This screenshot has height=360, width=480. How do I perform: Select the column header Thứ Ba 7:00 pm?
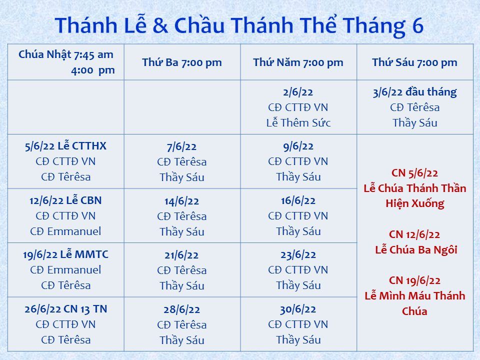(x=182, y=62)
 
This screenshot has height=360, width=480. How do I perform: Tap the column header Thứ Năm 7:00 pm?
(x=298, y=62)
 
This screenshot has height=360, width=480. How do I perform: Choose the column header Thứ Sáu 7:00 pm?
(x=415, y=62)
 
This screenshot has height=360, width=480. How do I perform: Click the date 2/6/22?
(x=298, y=92)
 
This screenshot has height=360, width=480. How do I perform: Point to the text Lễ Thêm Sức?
(x=298, y=123)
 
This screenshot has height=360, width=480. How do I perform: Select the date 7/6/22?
(x=182, y=146)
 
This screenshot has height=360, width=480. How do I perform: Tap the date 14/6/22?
(x=182, y=201)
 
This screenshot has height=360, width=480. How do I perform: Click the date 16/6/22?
(x=298, y=201)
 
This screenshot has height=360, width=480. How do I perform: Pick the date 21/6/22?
(x=182, y=255)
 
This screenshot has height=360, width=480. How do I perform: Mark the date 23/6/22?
(x=298, y=254)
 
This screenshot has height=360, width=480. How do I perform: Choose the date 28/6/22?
(x=182, y=309)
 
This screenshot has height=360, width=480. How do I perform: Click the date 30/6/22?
(x=298, y=309)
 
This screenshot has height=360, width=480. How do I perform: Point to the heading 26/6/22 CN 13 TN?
(x=66, y=309)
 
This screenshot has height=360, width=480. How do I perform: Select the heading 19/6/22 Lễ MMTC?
(x=66, y=254)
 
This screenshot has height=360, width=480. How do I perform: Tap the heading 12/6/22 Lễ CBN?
(x=66, y=200)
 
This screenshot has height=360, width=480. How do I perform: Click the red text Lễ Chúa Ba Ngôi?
(x=416, y=249)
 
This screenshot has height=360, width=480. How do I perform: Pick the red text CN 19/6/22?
(x=415, y=280)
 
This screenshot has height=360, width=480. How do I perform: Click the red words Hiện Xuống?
(x=415, y=203)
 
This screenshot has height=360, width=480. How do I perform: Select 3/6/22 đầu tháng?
(x=415, y=92)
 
